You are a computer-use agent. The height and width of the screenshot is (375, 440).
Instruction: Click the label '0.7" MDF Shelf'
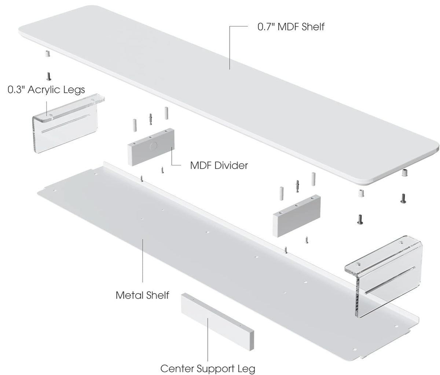(x=291, y=27)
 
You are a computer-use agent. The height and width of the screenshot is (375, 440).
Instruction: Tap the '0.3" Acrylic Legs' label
(x=46, y=89)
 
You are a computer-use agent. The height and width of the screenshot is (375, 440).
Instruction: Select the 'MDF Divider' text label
(x=219, y=165)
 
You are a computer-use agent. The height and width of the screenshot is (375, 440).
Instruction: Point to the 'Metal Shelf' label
(x=142, y=295)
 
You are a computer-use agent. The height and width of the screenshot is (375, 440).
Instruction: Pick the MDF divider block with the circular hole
(x=151, y=147)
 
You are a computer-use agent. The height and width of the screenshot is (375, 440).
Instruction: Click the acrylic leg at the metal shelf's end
(x=383, y=277)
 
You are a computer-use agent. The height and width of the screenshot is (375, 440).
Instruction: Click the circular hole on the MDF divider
(x=153, y=146)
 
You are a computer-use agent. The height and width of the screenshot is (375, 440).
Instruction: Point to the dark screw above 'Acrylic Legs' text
(x=49, y=76)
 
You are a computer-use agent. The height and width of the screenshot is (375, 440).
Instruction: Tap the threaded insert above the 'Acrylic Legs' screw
(x=48, y=54)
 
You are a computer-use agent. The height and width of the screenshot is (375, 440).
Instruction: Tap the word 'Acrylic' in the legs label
(x=42, y=89)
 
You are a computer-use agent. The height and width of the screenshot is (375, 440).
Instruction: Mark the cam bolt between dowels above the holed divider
(x=150, y=119)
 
